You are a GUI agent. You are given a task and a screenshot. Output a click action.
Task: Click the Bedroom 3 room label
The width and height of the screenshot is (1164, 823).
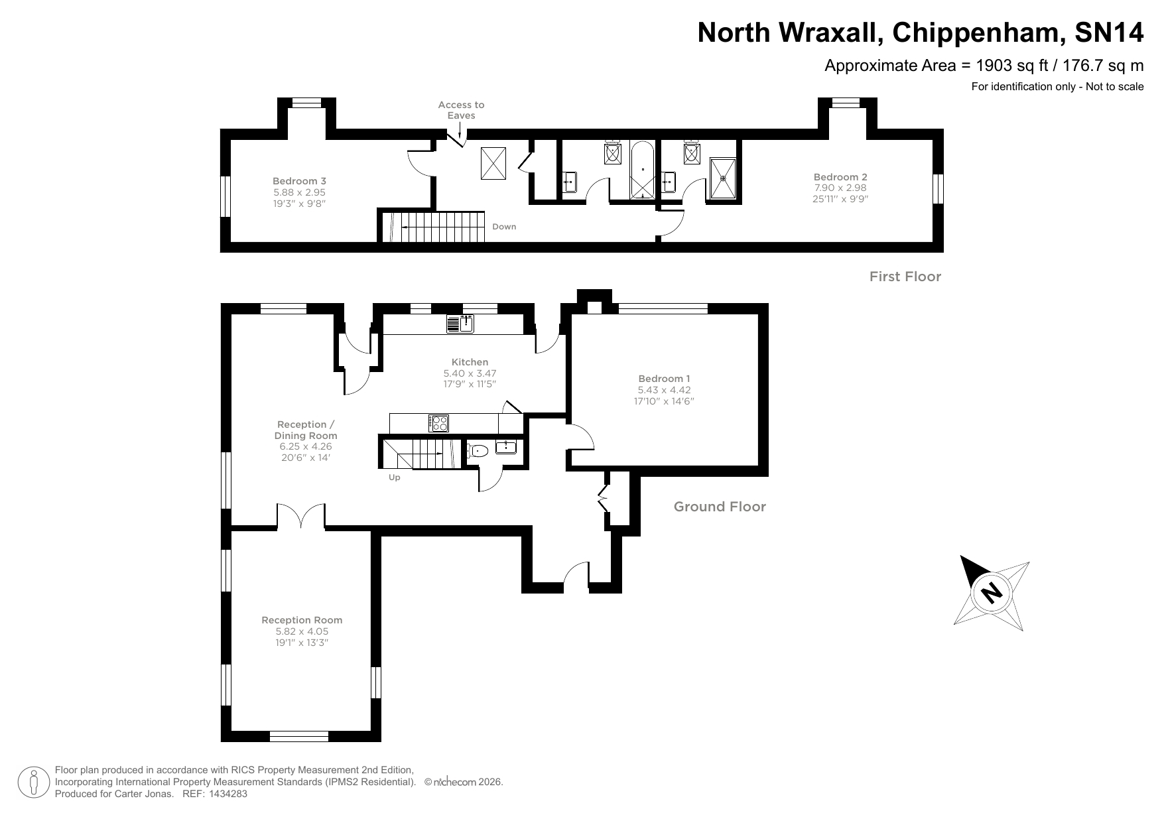click(x=299, y=181)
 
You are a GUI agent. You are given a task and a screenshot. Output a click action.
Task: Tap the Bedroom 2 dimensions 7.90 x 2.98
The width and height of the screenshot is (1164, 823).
click(x=840, y=188)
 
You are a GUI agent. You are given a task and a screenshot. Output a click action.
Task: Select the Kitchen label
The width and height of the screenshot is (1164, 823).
click(x=470, y=362)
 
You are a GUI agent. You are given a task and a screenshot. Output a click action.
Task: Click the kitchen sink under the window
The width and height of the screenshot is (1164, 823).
click(x=461, y=324)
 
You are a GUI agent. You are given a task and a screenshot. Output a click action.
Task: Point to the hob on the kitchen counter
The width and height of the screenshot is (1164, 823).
click(x=439, y=423)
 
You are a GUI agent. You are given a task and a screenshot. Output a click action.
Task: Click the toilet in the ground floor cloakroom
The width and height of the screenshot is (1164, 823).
click(x=478, y=452)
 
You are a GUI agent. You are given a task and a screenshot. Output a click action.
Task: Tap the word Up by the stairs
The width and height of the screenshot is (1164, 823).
click(x=395, y=477)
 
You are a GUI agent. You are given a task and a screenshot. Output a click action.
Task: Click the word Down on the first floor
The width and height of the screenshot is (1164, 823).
click(x=504, y=227)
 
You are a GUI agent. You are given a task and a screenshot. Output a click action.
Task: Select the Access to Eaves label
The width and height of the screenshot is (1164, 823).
click(x=461, y=110)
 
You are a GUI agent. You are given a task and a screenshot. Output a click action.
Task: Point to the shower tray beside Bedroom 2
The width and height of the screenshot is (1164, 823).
click(x=723, y=178)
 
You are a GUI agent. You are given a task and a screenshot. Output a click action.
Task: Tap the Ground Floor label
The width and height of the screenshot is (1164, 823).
click(x=720, y=507)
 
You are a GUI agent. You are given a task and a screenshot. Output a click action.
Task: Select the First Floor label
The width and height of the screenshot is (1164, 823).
click(x=905, y=277)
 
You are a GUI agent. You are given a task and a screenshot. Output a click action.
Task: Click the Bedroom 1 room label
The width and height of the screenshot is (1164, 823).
click(x=664, y=379)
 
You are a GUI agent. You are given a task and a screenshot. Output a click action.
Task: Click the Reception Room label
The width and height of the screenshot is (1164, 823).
click(x=302, y=620)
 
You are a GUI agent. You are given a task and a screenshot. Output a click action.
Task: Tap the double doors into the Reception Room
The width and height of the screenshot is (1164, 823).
click(x=301, y=517)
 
